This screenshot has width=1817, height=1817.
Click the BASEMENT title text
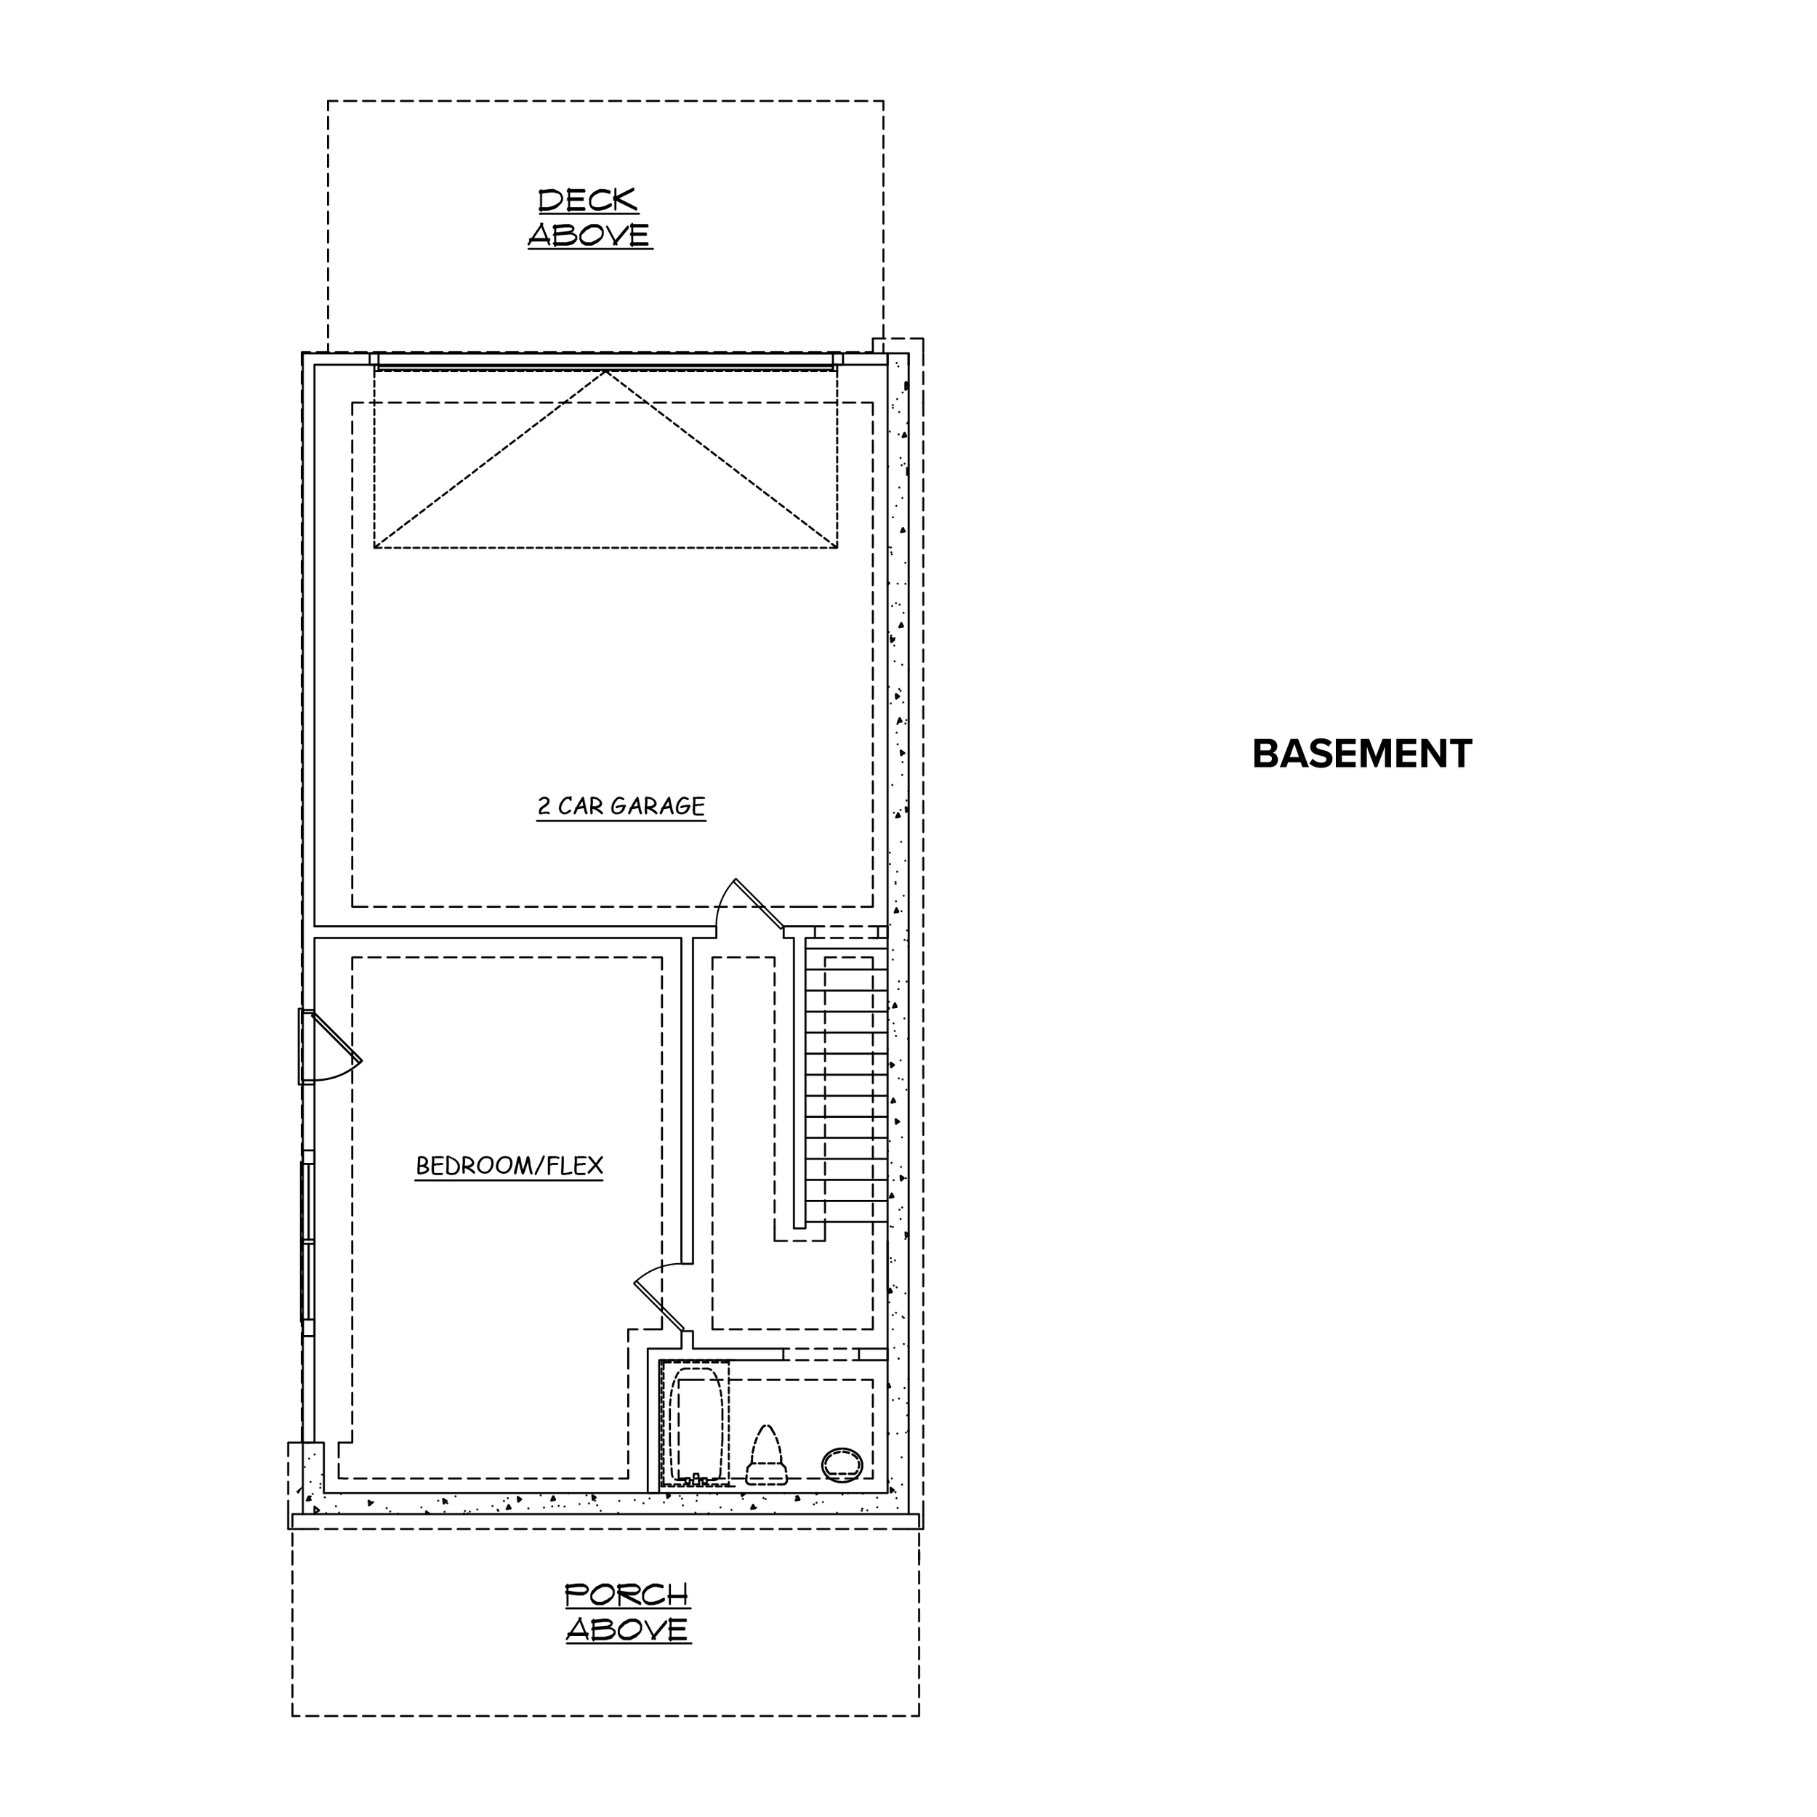pos(1362,754)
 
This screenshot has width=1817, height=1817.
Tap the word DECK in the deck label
pos(588,201)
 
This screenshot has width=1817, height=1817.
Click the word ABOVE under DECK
pos(589,234)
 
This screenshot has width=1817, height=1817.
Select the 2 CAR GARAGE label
pos(621,806)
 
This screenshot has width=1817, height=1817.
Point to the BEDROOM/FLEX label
pos(509,1167)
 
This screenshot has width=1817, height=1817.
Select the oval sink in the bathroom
pos(842,1465)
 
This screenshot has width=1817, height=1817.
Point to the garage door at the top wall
pos(605,360)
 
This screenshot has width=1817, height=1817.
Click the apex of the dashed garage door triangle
pos(605,371)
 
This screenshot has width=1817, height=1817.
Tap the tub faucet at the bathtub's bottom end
pos(698,1479)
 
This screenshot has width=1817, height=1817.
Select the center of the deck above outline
pos(605,227)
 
